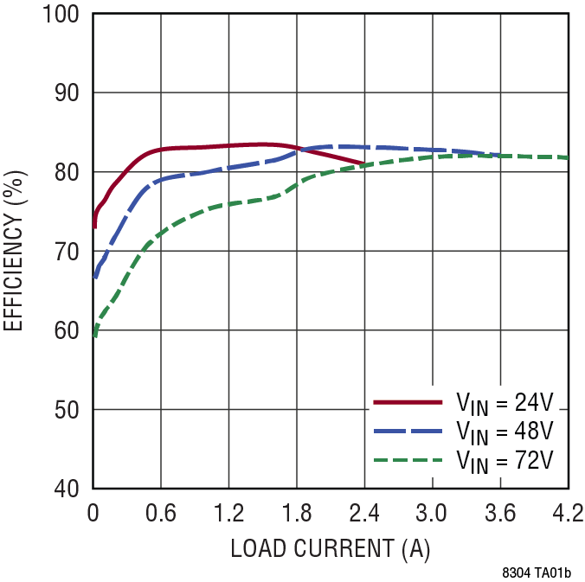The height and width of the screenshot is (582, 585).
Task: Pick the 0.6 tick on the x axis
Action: [161, 515]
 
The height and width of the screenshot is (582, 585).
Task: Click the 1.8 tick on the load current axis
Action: [297, 515]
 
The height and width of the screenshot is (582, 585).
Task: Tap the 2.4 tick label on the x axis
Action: [364, 515]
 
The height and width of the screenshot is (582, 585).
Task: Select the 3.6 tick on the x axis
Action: [500, 515]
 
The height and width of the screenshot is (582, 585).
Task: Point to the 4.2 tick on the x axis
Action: [567, 515]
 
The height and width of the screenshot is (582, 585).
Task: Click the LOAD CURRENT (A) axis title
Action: [330, 548]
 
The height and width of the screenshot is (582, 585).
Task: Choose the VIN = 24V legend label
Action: [505, 403]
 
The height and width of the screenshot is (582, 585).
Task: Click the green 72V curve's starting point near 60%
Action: [94, 336]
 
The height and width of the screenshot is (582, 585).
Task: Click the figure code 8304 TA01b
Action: [542, 572]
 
